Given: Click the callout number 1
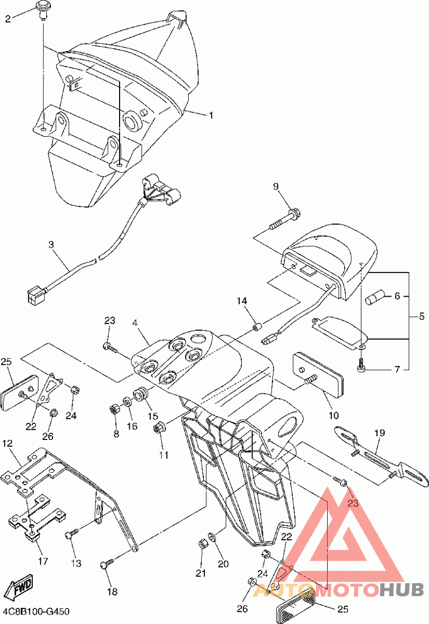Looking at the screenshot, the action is [x=211, y=115].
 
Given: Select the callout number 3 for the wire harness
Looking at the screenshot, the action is [x=51, y=244].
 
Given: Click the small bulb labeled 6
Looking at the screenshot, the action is [x=374, y=298].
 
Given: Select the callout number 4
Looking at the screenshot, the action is [x=135, y=323].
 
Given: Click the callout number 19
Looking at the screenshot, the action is [x=380, y=432].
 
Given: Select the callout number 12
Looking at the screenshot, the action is [x=8, y=443].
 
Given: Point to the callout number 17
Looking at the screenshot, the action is [x=43, y=561].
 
